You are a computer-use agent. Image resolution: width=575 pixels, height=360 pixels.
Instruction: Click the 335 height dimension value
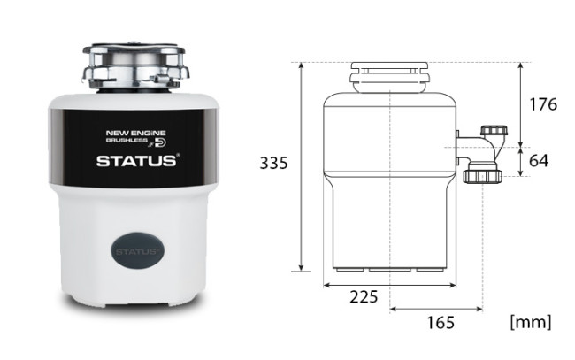273,163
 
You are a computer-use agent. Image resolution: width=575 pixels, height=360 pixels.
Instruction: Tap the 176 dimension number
543,104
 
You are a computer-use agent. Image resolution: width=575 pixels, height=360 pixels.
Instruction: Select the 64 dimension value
539,161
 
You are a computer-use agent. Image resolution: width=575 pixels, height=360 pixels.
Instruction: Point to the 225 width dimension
364,296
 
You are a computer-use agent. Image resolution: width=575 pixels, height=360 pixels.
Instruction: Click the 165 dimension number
441,323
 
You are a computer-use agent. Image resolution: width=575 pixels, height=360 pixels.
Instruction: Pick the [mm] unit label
531,322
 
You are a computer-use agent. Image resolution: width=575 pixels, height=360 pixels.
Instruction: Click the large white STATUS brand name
136,161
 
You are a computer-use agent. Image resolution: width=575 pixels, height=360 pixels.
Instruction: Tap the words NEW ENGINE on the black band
135,133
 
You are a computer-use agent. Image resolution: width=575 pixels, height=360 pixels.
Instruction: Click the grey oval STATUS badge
137,251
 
